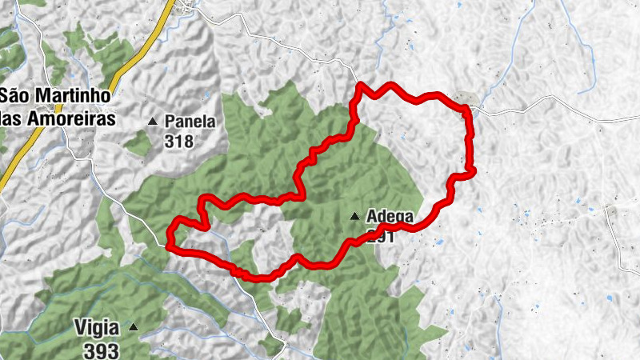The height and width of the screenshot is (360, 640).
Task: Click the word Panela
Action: [x=190, y=122]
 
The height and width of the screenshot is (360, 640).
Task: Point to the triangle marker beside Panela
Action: [x=153, y=122]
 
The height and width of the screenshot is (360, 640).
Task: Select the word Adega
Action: [x=390, y=216]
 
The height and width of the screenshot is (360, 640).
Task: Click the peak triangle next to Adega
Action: [x=354, y=216]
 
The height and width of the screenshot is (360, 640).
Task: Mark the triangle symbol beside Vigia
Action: [x=134, y=327]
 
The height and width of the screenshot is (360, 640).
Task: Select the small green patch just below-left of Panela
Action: [x=137, y=143]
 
